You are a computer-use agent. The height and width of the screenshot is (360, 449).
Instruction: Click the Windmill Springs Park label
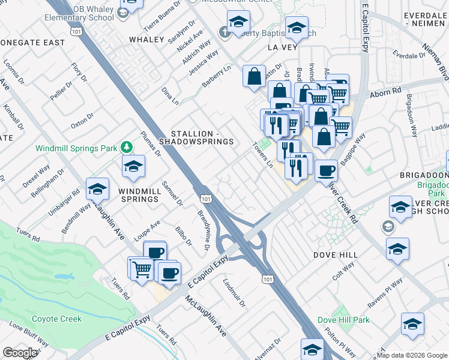click(x=76, y=148)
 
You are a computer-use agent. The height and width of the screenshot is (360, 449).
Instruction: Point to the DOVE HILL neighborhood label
click(x=335, y=254)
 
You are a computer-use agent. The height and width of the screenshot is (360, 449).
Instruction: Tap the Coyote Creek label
click(x=56, y=319)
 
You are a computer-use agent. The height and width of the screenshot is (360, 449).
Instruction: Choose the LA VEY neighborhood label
click(x=283, y=46)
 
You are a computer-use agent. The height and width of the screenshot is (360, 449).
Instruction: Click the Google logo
click(x=20, y=353)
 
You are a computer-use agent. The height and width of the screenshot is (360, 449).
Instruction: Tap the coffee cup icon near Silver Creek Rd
click(x=326, y=170)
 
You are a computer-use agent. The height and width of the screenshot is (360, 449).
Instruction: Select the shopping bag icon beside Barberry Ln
click(x=255, y=76)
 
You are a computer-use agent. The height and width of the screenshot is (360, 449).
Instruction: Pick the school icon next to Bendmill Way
click(x=97, y=190)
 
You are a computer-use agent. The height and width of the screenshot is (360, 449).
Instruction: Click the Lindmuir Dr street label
click(x=235, y=293)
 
